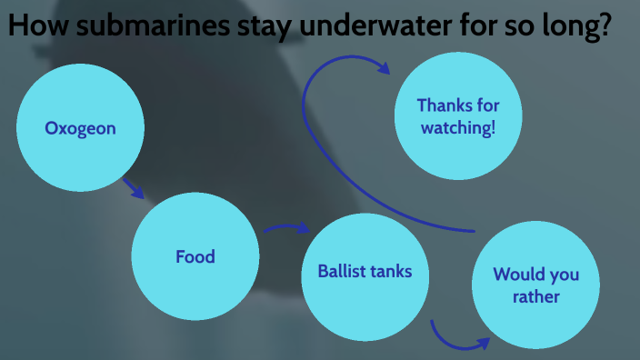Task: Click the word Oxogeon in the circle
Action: (81, 129)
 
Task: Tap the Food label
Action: (195, 257)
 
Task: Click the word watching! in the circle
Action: (459, 128)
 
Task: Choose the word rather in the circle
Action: (535, 297)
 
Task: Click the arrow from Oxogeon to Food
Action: (134, 188)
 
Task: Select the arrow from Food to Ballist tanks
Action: (286, 228)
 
